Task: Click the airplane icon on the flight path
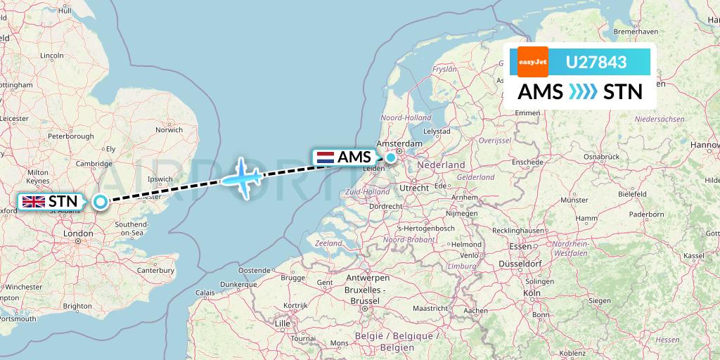click(242, 177)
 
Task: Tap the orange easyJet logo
click(532, 62)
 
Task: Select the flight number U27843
click(596, 63)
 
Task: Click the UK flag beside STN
click(34, 202)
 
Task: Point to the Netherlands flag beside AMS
click(325, 157)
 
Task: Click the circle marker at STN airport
click(101, 202)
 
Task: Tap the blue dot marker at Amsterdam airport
click(390, 157)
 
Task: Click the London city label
click(78, 234)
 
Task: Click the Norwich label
click(169, 129)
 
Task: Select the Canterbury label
click(155, 269)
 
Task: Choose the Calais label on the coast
click(205, 292)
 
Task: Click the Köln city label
click(531, 292)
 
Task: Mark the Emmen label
click(527, 112)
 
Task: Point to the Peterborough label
click(70, 136)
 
